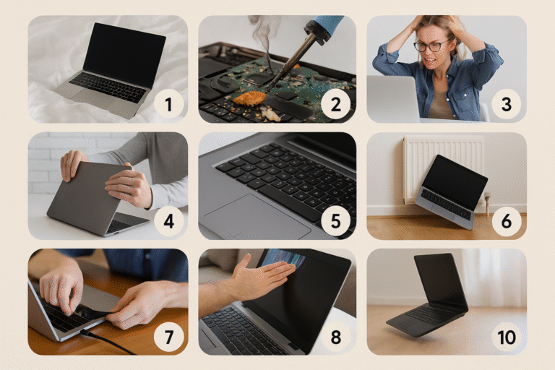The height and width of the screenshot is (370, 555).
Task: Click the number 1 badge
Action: coord(168,105)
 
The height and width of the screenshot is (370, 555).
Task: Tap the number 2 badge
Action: coord(335,105)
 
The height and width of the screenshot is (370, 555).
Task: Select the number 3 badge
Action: coord(506,105)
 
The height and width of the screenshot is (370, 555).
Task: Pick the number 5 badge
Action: coord(335,221)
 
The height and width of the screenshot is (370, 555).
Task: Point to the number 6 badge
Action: coord(506,221)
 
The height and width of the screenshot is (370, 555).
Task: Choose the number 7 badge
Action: coord(168,337)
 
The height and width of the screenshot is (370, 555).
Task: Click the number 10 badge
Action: coord(506,337)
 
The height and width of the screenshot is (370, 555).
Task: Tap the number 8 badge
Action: coord(335,337)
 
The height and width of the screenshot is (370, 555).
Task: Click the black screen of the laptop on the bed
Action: coord(124,55)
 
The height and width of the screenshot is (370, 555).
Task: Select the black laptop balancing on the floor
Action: coord(429,295)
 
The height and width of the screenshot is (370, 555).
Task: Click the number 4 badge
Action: coord(168,221)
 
